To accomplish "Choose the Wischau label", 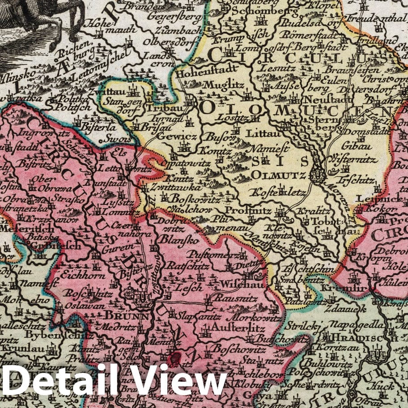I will (240, 284).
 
